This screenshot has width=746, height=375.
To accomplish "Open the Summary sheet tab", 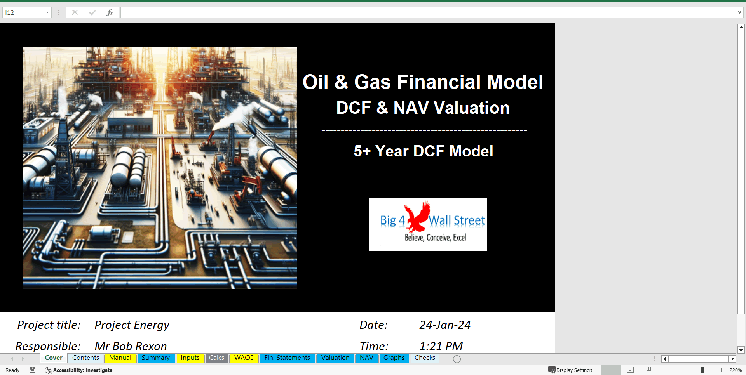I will click(x=155, y=358).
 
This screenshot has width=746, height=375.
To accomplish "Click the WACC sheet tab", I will click(x=244, y=358).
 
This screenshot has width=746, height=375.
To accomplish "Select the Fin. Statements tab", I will click(x=287, y=358).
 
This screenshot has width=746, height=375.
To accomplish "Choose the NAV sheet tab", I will click(x=366, y=358).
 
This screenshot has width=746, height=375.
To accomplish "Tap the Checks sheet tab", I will click(x=425, y=358).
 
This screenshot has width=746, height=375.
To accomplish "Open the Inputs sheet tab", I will click(x=190, y=358).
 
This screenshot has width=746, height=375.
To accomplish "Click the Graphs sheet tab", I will click(x=394, y=358).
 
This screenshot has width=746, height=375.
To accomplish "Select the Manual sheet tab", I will click(x=120, y=358).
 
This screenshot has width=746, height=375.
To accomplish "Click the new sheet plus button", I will click(x=457, y=359).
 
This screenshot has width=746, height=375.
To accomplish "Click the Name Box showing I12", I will click(x=23, y=12).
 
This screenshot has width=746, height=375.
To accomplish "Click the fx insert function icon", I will click(x=110, y=12).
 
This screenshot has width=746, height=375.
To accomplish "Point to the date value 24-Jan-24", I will click(x=444, y=325).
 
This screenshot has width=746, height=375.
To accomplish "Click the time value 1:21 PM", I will click(x=441, y=346).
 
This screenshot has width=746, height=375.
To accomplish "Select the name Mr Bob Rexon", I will click(x=131, y=346).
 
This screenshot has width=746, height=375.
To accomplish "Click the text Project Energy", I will click(x=132, y=325).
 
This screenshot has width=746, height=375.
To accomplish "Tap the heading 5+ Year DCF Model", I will click(x=423, y=151).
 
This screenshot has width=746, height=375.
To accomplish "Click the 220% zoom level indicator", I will click(x=735, y=370).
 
